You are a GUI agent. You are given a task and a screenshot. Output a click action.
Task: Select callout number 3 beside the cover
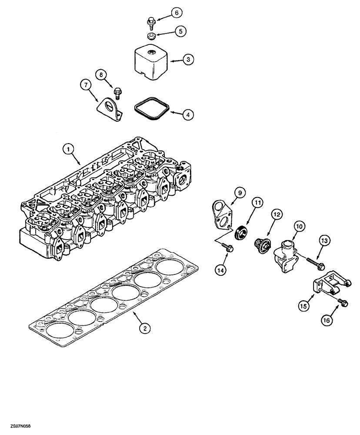(x=187, y=60)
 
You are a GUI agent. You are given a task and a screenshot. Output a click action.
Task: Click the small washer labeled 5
(x=151, y=36)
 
